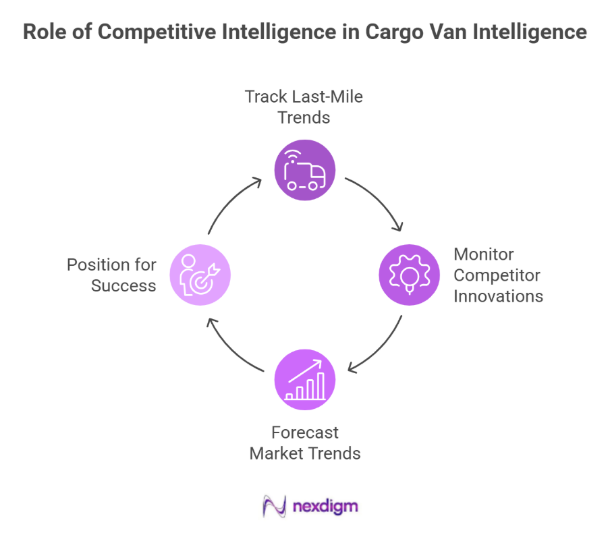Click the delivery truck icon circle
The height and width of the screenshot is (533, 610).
coord(304,170)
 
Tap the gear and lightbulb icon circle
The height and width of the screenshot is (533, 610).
coord(409,275)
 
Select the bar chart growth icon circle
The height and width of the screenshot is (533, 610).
coord(304,379)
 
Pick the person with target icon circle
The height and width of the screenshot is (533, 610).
coord(200,275)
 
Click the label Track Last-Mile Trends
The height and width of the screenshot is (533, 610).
coord(304,107)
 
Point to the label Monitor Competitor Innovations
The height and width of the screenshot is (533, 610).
coord(498,275)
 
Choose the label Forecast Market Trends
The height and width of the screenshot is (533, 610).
coord(305,443)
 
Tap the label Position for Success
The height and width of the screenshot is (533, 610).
coord(112,275)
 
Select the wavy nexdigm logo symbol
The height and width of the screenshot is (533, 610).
coord(274,506)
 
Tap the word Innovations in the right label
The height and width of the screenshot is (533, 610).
coord(498,296)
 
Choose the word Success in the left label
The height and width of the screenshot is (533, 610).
coord(123,285)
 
